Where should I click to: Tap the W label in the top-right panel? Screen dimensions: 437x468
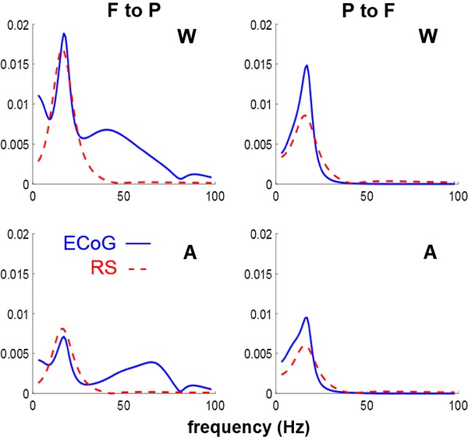click(x=433, y=37)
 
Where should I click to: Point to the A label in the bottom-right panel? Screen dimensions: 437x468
click(x=433, y=251)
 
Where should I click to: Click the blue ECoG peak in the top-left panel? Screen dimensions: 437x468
click(x=63, y=34)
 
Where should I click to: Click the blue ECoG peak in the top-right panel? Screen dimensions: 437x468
click(x=307, y=66)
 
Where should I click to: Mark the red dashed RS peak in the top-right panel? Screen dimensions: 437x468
click(x=306, y=115)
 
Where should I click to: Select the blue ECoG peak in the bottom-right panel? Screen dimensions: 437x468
click(x=307, y=318)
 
